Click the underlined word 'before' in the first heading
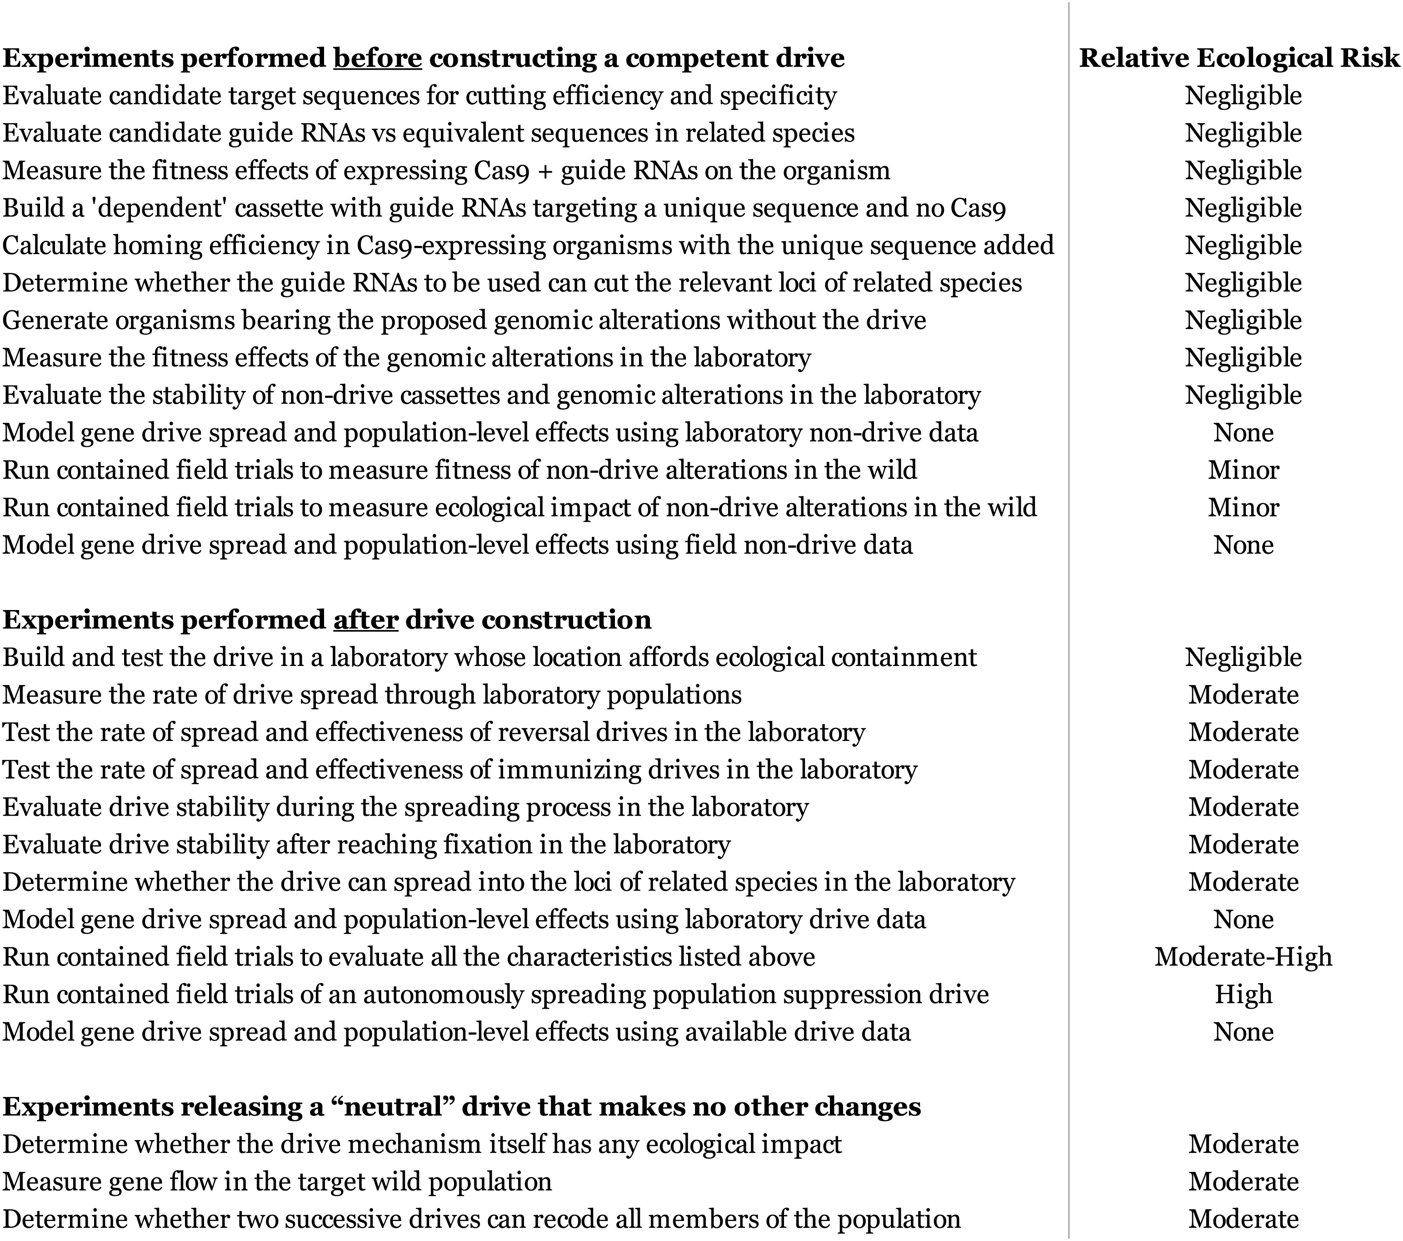(x=378, y=58)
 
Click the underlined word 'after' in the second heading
(x=365, y=620)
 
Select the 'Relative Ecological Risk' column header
(x=1239, y=58)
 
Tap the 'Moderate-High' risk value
(x=1243, y=957)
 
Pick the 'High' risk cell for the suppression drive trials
(x=1243, y=995)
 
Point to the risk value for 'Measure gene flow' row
(x=1243, y=1182)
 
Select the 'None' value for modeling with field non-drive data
(x=1243, y=545)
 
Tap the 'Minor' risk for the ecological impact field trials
(x=1243, y=508)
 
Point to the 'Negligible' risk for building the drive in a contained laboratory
(x=1243, y=658)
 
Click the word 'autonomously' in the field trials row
(x=444, y=995)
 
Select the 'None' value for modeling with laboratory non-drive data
(x=1243, y=432)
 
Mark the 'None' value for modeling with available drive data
(x=1243, y=1032)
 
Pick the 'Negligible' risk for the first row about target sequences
(x=1243, y=95)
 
